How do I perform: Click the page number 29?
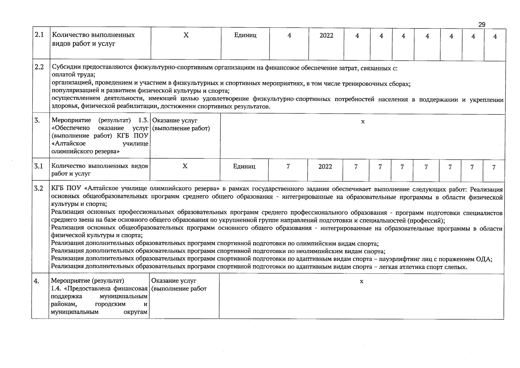coord(482,25)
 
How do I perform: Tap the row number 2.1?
coord(39,35)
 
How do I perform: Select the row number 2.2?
coord(39,67)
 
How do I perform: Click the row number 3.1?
coord(39,166)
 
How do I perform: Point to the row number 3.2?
coord(39,189)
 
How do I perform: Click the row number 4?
coord(36,281)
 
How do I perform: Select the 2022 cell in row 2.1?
coord(326,36)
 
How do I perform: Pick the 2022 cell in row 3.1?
coord(325,167)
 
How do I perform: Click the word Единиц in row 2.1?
coord(245,36)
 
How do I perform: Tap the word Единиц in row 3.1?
coord(244,167)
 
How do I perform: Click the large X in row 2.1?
coord(186,35)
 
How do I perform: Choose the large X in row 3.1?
coord(185,166)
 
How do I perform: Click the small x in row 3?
coord(363,122)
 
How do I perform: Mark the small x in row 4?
coord(362,282)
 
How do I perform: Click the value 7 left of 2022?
coord(288,167)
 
